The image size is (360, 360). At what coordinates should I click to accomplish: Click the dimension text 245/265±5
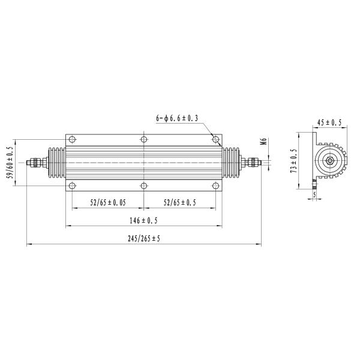[144, 238]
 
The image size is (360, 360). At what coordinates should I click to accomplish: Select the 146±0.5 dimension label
[144, 220]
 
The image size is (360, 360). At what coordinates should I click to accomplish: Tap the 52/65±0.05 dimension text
[108, 203]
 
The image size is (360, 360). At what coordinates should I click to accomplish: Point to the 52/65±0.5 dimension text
[179, 203]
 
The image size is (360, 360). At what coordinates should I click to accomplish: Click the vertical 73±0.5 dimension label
[294, 161]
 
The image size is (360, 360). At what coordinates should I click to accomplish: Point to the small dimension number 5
[314, 194]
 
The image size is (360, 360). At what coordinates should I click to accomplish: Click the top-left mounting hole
[72, 140]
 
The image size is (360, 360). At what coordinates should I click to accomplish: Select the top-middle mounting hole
[144, 140]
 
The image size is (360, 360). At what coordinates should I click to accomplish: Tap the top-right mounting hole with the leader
[215, 140]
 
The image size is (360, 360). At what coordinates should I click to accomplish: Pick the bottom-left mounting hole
[72, 185]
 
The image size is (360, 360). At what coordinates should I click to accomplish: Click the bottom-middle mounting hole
[144, 185]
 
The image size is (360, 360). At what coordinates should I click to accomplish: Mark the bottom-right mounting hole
[215, 185]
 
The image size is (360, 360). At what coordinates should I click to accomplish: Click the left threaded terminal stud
[35, 162]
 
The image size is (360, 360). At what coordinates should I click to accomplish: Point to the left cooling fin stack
[56, 162]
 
